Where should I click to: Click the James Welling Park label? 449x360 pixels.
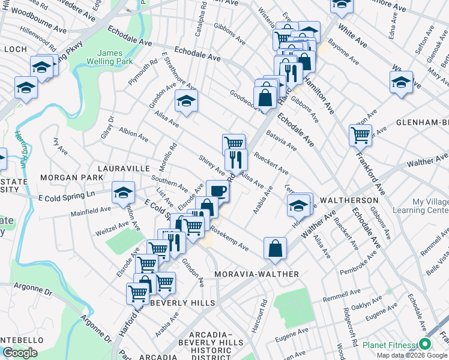(x=110, y=59)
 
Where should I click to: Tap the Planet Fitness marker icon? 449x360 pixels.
(x=425, y=344)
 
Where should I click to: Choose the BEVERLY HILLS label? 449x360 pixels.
(x=182, y=304)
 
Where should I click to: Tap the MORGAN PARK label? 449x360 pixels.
(x=64, y=178)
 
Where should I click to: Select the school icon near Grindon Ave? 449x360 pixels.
(x=186, y=101)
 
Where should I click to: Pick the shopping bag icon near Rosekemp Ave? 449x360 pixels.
(x=274, y=248)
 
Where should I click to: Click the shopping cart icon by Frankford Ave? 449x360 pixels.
(x=360, y=135)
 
